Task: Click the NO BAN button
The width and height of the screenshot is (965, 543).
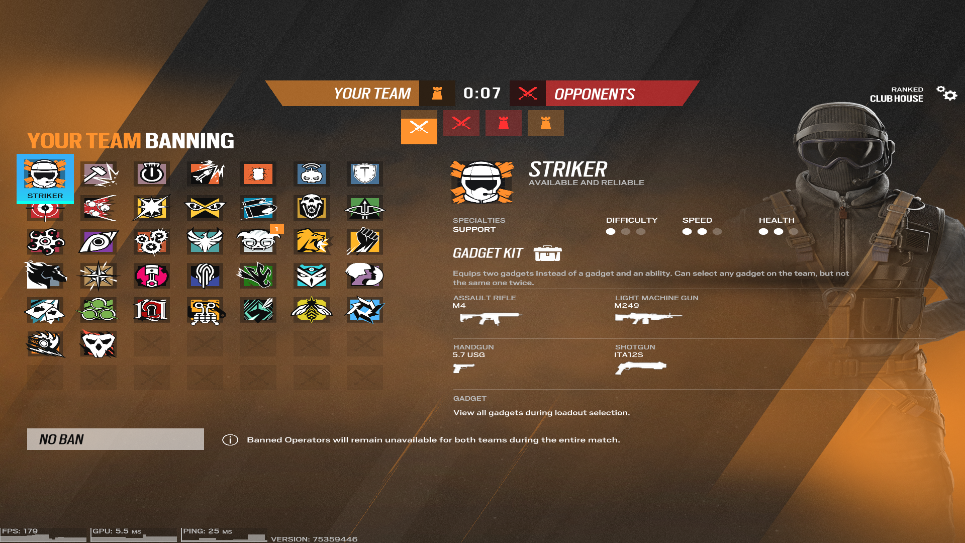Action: click(115, 439)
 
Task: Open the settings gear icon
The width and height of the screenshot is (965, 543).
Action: click(946, 93)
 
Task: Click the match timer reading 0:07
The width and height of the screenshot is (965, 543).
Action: click(482, 93)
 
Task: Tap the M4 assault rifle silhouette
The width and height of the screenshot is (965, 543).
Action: click(490, 318)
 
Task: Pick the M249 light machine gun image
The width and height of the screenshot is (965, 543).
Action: click(648, 318)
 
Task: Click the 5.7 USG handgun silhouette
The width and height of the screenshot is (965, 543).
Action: click(463, 368)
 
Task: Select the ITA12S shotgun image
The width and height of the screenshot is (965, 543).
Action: click(641, 368)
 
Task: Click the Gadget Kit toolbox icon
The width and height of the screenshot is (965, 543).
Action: click(547, 253)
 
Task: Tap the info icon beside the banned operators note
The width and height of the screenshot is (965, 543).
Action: click(230, 440)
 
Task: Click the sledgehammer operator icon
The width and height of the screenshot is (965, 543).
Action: click(99, 174)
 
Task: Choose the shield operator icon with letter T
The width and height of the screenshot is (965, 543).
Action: click(364, 174)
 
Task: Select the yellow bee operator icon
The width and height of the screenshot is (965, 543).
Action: click(311, 310)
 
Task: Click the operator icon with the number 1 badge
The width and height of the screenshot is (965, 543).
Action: click(258, 241)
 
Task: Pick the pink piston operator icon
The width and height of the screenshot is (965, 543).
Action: click(151, 276)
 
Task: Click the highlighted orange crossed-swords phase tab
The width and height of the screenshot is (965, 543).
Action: click(419, 127)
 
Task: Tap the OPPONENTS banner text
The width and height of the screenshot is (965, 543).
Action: click(595, 94)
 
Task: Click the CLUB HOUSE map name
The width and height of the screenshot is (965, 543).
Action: click(896, 99)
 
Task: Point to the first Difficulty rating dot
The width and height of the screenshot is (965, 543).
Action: click(611, 232)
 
